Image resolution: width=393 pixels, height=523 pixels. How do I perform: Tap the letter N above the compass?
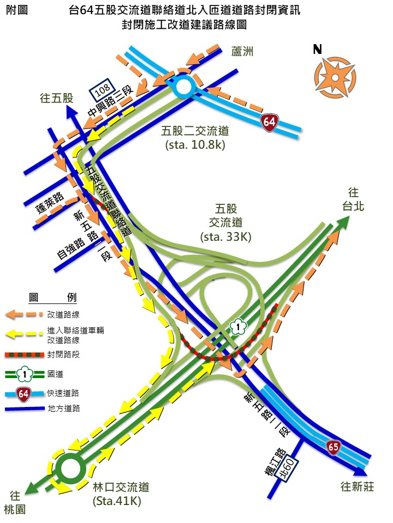pos(317,49)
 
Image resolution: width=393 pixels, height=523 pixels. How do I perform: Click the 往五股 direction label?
pos(57,98)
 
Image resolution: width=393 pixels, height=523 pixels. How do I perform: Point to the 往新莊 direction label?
pos(357,486)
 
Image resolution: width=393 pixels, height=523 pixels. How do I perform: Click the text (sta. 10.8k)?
pos(195,145)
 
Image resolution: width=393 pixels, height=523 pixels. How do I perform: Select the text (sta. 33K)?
pos(226,237)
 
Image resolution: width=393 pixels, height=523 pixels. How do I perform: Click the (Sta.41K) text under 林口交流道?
pos(117,501)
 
